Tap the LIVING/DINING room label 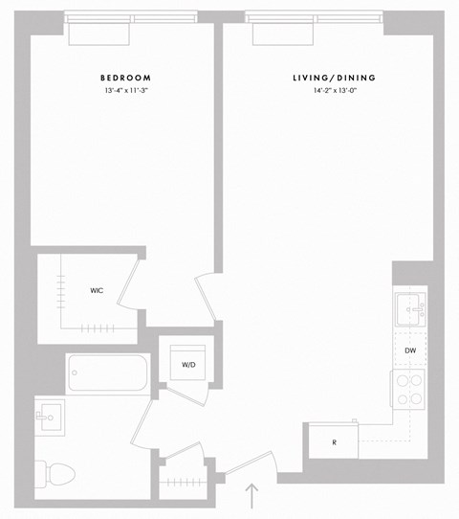pyautogui.click(x=334, y=78)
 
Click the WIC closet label pyautogui.click(x=98, y=290)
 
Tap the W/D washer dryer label pyautogui.click(x=189, y=362)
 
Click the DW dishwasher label pyautogui.click(x=410, y=351)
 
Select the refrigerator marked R pyautogui.click(x=333, y=442)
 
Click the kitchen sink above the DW pyautogui.click(x=413, y=311)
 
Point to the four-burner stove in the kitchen pyautogui.click(x=410, y=390)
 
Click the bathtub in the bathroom pyautogui.click(x=107, y=373)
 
